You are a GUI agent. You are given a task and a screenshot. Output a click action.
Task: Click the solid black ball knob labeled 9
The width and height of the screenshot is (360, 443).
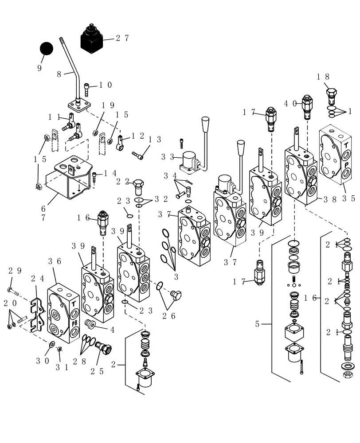46,49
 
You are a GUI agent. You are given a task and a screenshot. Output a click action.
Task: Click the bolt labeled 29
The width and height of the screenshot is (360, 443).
13,291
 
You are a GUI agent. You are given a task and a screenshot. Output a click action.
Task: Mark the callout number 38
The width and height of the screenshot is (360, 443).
330,199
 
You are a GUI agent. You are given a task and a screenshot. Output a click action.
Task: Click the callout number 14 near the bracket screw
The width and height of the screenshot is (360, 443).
111,174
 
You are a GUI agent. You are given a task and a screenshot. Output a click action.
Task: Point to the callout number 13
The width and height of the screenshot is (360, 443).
154,140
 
